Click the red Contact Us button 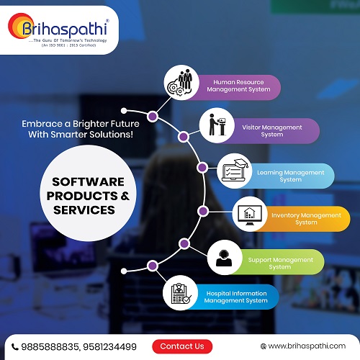(182, 346)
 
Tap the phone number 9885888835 (50, 347)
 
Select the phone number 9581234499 (109, 347)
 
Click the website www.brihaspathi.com (307, 346)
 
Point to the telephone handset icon (15, 347)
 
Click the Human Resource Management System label (238, 86)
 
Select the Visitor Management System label (272, 131)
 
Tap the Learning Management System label (291, 176)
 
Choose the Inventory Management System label (306, 219)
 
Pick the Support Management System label (280, 264)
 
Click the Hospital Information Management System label (236, 297)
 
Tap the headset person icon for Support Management (224, 258)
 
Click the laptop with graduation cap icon (235, 170)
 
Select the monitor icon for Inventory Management (250, 215)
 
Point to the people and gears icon (180, 82)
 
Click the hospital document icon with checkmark (181, 293)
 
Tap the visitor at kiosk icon (217, 125)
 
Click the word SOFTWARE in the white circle (88, 181)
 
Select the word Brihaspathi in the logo (65, 29)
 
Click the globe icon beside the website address (264, 346)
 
